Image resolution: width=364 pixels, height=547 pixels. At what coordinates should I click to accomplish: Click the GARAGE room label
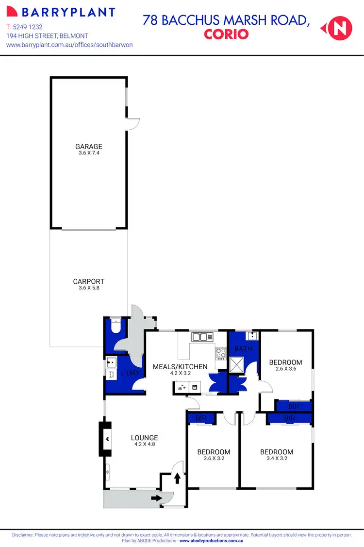pos(88,146)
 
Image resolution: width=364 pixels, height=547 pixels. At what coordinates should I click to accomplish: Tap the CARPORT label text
pos(88,281)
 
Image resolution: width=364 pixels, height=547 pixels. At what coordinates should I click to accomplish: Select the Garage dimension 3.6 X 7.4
pos(88,153)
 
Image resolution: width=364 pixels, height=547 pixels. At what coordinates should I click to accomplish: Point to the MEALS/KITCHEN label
pos(180,367)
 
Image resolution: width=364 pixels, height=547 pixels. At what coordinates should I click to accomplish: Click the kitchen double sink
pos(202,336)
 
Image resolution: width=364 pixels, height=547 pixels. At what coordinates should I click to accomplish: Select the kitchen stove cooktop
pos(221,353)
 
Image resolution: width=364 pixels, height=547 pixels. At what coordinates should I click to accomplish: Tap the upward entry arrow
pos(177,478)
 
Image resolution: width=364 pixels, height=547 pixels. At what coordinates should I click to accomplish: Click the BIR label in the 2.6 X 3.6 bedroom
pos(293,406)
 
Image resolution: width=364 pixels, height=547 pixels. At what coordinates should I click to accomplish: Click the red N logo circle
pos(339,28)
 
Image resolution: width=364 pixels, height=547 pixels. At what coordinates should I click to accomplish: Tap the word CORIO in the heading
pos(226,34)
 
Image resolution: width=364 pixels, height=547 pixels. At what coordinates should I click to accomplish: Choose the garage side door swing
pos(133,124)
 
